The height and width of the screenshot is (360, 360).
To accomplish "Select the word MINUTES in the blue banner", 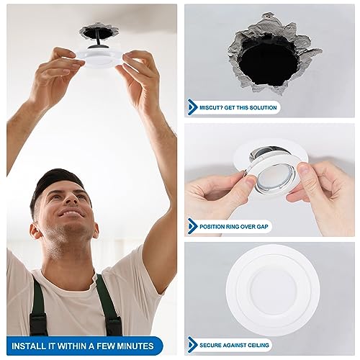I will (135, 344).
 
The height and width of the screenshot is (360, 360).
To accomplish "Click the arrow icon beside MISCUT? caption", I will (193, 107).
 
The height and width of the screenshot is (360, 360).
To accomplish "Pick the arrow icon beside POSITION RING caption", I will (193, 225).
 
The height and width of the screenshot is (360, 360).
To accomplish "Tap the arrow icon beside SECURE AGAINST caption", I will (193, 343).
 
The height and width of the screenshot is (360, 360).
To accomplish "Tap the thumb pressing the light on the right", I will (305, 175).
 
